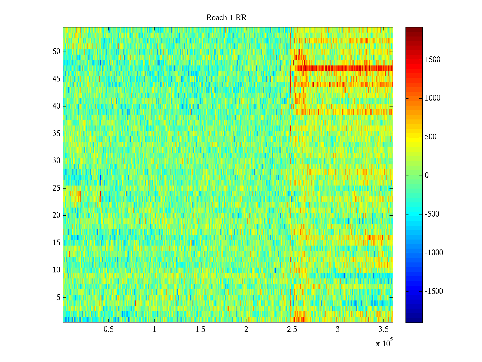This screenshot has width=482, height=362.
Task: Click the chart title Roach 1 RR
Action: coord(226,18)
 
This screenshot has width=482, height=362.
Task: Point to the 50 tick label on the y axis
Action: coord(56,52)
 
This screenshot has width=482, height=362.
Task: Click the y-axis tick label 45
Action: coord(56,79)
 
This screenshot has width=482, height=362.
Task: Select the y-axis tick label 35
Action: coord(56,134)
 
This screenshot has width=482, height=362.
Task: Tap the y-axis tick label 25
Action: coord(56,188)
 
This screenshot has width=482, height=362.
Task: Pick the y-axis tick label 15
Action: coord(56,243)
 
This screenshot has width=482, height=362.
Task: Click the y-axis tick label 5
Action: coord(58,297)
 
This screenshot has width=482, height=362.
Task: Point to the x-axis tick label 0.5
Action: coord(108,329)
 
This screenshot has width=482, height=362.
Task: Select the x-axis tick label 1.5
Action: coord(200,329)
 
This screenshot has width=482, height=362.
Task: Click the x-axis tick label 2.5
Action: coord(292,329)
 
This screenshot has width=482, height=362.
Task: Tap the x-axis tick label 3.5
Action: coord(383,329)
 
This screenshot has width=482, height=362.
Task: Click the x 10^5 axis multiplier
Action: coord(384,343)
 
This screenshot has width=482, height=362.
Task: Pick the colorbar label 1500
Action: coord(433,60)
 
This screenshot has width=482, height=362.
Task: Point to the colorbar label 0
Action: coord(427,176)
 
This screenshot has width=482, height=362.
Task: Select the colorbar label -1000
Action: coord(434,253)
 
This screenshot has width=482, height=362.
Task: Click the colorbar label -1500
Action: coord(434,291)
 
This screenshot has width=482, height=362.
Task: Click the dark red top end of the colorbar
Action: coord(414,29)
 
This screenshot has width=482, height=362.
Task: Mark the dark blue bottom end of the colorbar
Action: coord(414,320)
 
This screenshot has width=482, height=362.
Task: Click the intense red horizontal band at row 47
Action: coord(343,68)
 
